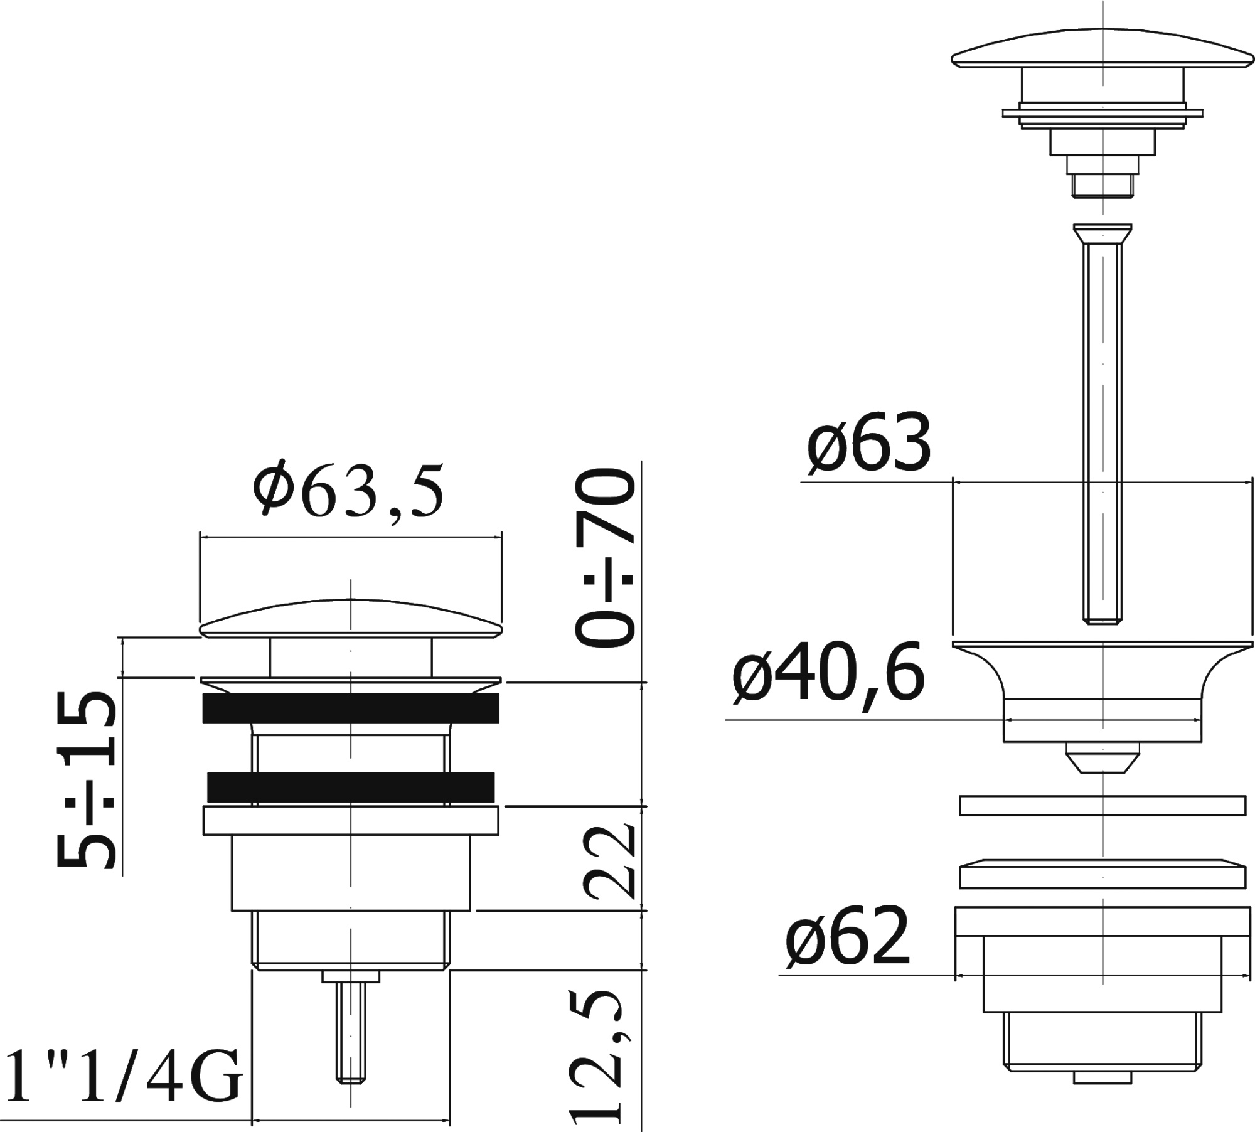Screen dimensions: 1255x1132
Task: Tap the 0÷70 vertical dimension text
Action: coord(604,558)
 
